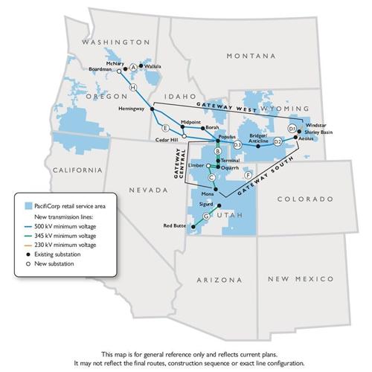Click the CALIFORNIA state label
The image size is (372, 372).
76,170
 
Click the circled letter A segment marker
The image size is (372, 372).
133,67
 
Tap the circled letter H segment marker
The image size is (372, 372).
132,88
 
